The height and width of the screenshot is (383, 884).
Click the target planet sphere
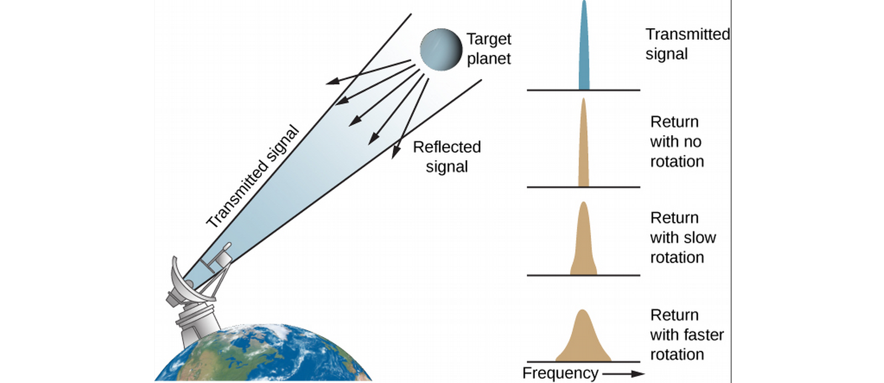tap(441, 50)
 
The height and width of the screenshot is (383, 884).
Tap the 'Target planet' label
tap(488, 49)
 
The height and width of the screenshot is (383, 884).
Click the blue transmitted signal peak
tap(584, 45)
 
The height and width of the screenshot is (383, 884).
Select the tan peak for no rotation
tap(583, 142)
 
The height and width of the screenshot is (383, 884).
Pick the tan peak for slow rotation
tap(583, 238)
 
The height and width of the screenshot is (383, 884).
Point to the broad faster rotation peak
tap(583, 336)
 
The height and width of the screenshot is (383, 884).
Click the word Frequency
tap(560, 373)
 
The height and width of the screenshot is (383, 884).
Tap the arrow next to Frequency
tap(623, 374)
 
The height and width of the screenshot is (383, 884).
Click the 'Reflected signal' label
tap(447, 157)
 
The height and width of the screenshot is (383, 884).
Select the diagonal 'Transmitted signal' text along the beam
tap(252, 177)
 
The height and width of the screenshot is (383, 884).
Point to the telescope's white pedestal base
tap(197, 323)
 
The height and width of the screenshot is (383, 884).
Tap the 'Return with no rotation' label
tap(677, 141)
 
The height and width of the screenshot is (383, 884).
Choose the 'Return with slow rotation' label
tap(683, 238)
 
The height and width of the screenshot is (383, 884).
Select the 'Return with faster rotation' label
tap(687, 334)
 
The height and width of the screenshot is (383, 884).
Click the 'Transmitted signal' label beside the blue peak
tap(688, 44)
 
